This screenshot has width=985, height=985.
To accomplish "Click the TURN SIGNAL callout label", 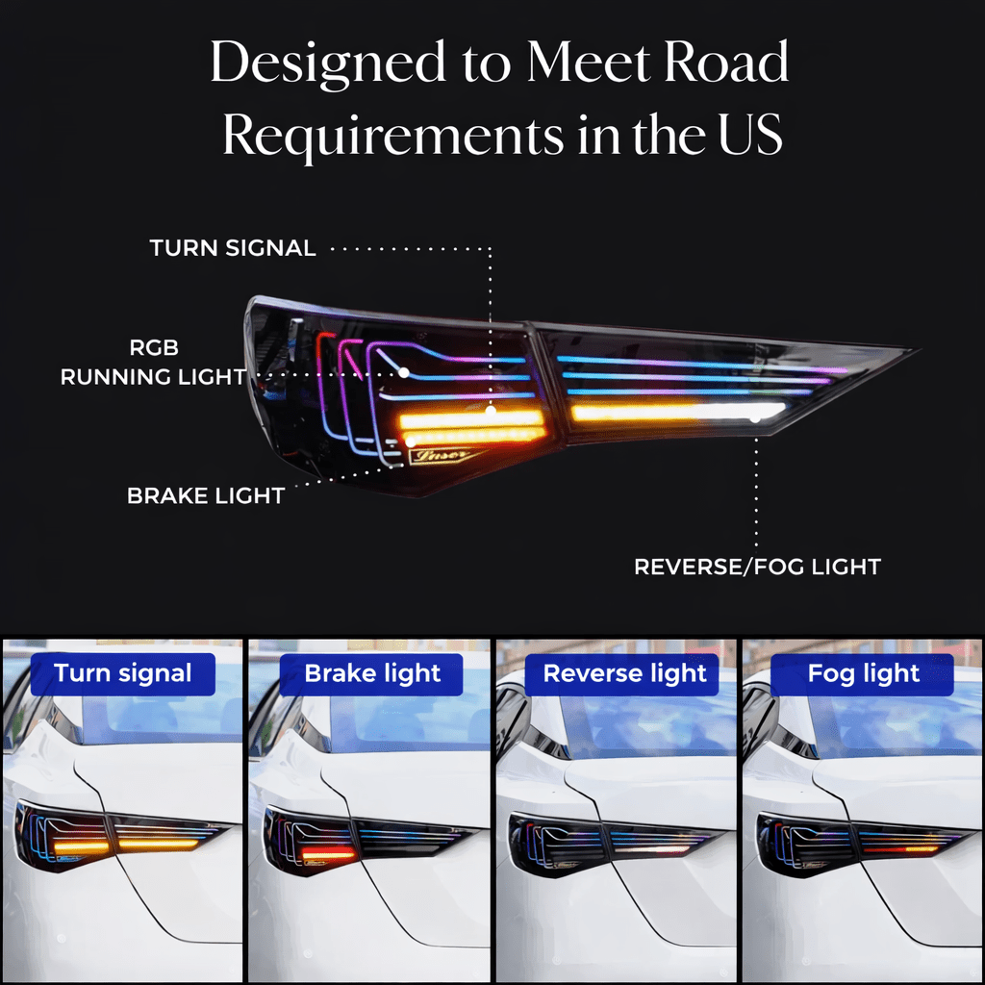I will coord(233,248).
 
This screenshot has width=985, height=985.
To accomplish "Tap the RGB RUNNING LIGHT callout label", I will coord(154,363).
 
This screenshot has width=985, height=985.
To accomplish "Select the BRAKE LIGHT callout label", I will coord(206,496).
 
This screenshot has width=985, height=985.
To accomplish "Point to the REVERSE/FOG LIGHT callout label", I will coord(757,567).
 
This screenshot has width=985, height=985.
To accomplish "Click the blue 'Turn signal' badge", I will coord(123,673).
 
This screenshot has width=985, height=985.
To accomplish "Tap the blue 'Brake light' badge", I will coord(372,673).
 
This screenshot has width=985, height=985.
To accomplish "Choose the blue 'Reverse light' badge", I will coord(625,673).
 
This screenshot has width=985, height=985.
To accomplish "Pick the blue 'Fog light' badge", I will coord(864,673).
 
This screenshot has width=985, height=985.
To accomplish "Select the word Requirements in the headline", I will coord(392,137).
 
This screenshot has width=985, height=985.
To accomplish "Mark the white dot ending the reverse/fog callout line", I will coord(756,417).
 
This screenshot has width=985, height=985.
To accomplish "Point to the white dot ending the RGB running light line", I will coord(404,371).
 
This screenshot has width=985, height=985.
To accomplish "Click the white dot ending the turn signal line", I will coord(491,411).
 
